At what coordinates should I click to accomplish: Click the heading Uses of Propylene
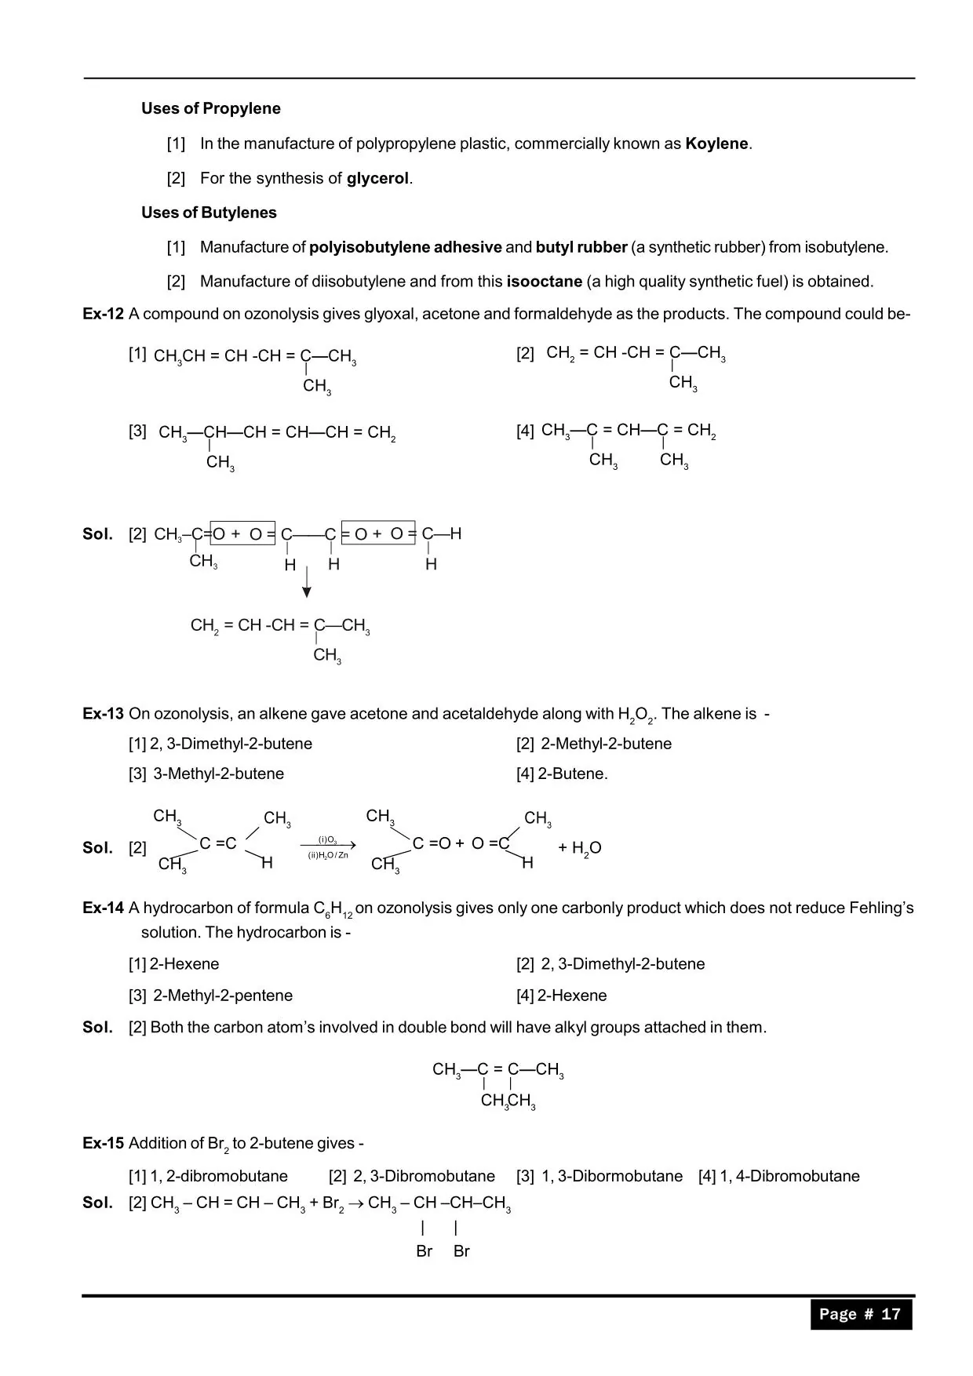tap(210, 108)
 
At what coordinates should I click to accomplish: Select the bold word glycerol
tap(377, 178)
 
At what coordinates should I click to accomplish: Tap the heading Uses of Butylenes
tap(209, 213)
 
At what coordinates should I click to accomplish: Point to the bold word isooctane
tap(544, 281)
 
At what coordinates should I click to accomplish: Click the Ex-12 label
tap(103, 314)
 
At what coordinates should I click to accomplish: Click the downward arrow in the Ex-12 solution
tap(307, 581)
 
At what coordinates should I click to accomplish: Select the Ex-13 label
tap(103, 714)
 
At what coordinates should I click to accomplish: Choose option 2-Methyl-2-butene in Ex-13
tap(605, 744)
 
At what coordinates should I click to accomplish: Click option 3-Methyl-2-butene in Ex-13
tap(217, 774)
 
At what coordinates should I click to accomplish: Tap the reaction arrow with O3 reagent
tap(328, 846)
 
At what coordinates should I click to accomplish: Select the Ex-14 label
tap(103, 908)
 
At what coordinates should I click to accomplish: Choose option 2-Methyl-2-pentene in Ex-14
tap(222, 996)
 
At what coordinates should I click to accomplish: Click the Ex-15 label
tap(103, 1143)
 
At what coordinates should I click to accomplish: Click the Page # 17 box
tap(861, 1314)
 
